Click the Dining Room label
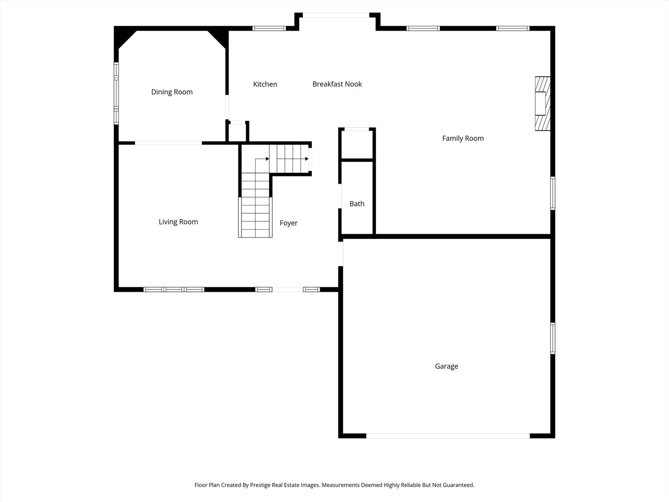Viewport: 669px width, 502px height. click(x=172, y=92)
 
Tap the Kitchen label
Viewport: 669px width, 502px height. click(x=265, y=84)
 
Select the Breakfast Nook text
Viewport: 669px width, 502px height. click(x=337, y=84)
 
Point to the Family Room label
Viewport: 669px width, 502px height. click(x=463, y=138)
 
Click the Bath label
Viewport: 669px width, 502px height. click(x=357, y=204)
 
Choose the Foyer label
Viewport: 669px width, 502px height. click(x=289, y=223)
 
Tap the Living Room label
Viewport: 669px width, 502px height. click(x=178, y=222)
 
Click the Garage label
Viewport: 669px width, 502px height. click(x=446, y=366)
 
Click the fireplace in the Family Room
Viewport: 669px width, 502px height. click(x=542, y=104)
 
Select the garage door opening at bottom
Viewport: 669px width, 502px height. click(x=448, y=436)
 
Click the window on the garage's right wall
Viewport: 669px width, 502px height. click(x=552, y=338)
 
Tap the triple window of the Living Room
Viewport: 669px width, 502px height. click(x=174, y=290)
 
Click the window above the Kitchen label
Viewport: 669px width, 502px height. click(x=269, y=28)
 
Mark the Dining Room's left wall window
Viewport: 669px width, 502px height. click(x=117, y=93)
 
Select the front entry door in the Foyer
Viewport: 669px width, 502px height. click(x=288, y=290)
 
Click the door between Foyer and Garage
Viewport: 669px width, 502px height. click(x=341, y=253)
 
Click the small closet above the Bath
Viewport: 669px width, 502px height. click(x=357, y=144)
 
